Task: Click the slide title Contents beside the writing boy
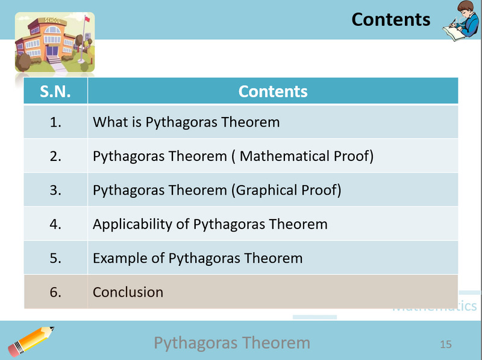pyautogui.click(x=390, y=19)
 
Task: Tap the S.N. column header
pyautogui.click(x=55, y=91)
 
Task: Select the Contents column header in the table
pyautogui.click(x=273, y=91)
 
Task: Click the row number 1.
pyautogui.click(x=56, y=122)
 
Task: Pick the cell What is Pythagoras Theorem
pyautogui.click(x=186, y=122)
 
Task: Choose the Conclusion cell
pyautogui.click(x=128, y=292)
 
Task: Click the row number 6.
pyautogui.click(x=56, y=292)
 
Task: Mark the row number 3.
pyautogui.click(x=56, y=191)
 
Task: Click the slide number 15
pyautogui.click(x=446, y=344)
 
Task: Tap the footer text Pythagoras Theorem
pyautogui.click(x=232, y=343)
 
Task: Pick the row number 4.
pyautogui.click(x=56, y=224)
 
